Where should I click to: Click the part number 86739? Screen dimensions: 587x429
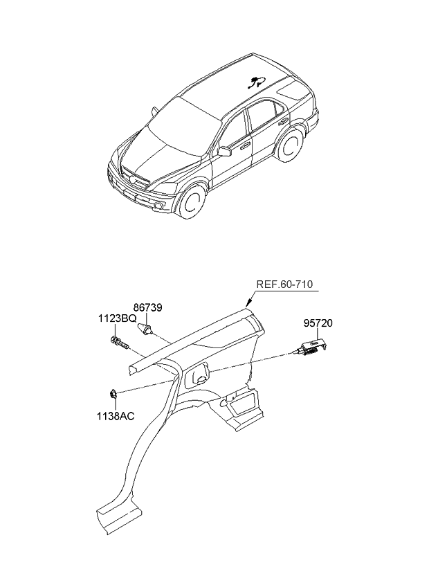pyautogui.click(x=148, y=308)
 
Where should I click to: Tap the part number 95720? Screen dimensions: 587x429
pyautogui.click(x=319, y=323)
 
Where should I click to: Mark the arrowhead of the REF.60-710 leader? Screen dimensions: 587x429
pyautogui.click(x=248, y=305)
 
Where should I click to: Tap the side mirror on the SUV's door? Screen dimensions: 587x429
pyautogui.click(x=224, y=151)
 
